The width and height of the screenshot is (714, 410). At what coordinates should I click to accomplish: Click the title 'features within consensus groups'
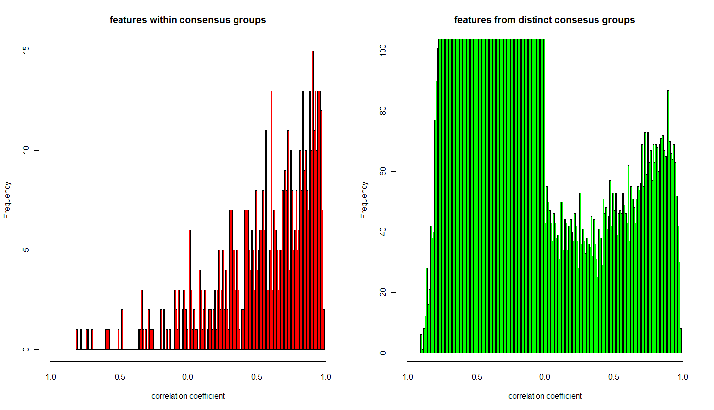(187, 20)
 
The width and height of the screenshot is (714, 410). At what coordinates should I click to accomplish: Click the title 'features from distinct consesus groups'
(544, 20)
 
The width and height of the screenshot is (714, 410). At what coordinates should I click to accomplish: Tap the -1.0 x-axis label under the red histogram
(49, 377)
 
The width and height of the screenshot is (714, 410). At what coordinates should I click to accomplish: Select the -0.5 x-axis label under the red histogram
(118, 377)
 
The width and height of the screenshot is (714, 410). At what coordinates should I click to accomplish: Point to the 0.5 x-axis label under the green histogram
(614, 377)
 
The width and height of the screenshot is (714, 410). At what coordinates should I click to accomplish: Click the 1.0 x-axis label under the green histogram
(683, 377)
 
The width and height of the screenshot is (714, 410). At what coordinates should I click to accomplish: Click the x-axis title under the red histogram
(187, 396)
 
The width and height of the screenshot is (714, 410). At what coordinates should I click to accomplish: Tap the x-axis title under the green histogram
(544, 396)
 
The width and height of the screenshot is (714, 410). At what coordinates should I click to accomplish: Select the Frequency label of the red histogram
(7, 200)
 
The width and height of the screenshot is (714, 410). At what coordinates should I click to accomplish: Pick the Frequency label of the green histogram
(364, 200)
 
